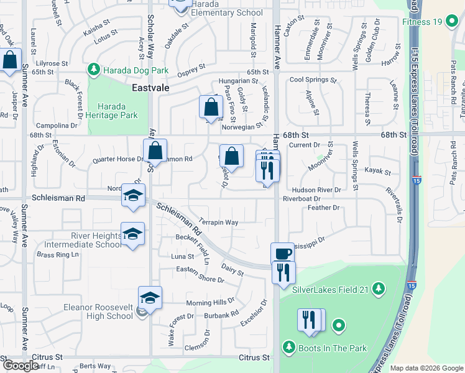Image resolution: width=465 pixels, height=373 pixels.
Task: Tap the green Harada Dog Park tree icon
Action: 94,68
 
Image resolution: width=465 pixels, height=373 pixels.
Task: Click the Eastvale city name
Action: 150,88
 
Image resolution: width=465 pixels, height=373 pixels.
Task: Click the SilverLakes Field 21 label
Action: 330,287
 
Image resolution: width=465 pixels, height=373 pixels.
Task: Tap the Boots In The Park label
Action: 332,348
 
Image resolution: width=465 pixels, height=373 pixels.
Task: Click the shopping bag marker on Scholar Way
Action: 155,151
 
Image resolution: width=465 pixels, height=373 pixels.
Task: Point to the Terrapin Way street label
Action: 219,222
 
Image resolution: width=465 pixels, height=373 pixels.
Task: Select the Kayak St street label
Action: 377,171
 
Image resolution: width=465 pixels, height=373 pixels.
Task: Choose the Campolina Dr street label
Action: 57,125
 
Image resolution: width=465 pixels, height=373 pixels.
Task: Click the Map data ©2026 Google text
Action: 426,368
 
